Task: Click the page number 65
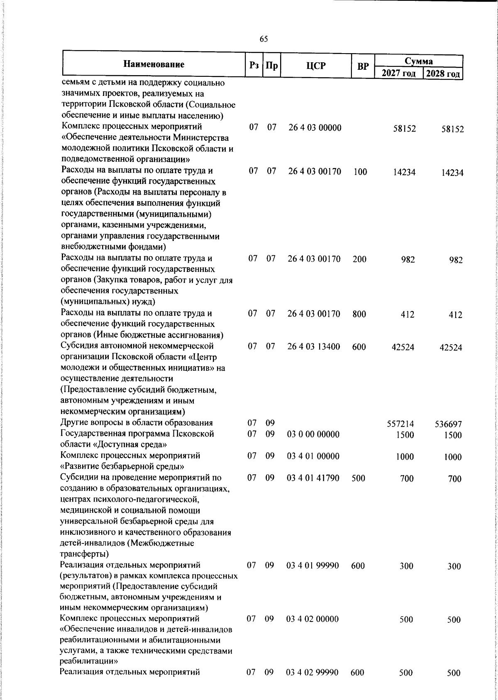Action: coord(264,39)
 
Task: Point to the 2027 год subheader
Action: coord(398,74)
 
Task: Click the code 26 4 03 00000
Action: coord(315,128)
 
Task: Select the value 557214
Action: coord(400,424)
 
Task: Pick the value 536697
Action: coord(448,424)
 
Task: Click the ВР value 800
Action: coord(359,314)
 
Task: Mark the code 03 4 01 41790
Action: coord(313,478)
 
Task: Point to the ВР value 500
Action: coord(358,478)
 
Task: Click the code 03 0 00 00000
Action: coord(313,435)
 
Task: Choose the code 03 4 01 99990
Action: coord(313,565)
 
